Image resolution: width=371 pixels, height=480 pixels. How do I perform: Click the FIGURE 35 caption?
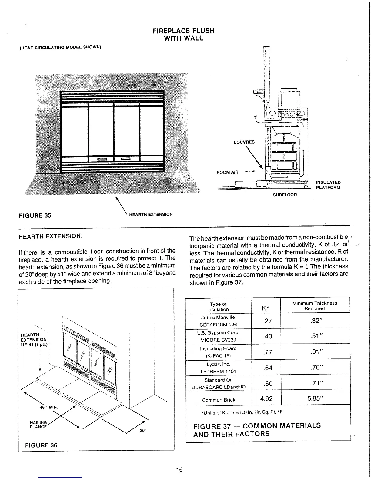point(35,215)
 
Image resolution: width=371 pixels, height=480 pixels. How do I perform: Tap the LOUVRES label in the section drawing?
point(244,142)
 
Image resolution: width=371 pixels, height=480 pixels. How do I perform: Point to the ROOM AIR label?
point(227,172)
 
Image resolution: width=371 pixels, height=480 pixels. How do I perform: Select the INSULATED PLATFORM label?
point(328,185)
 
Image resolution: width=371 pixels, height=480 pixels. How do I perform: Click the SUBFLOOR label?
point(285,195)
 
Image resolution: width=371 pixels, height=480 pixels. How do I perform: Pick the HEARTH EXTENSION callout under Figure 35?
point(151,215)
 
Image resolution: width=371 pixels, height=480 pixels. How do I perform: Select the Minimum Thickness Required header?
point(315,306)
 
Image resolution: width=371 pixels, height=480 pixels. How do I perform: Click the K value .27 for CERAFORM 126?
point(267,321)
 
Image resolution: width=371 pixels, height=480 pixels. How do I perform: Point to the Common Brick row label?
point(219,400)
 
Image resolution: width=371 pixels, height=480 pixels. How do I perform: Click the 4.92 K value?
point(266,398)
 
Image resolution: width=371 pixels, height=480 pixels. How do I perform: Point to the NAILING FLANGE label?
point(38,425)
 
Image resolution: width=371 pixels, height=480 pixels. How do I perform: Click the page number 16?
point(179,470)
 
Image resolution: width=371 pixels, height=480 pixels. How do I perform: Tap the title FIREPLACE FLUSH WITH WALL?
point(183,35)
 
